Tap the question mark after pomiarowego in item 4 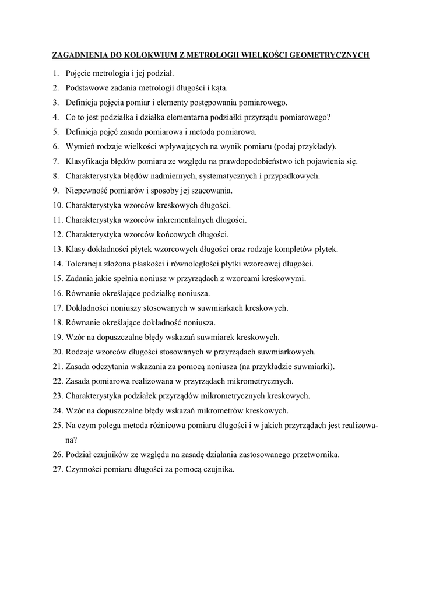point(329,117)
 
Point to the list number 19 point(57,337)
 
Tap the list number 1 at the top point(56,73)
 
